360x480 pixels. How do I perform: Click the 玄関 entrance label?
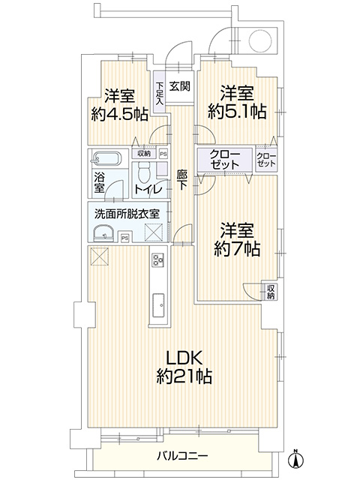(x=180, y=86)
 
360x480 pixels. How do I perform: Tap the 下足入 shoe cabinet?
(x=160, y=93)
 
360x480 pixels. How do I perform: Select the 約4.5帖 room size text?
(x=120, y=115)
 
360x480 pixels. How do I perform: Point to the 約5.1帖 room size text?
(x=237, y=112)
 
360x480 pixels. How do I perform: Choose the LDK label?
(x=184, y=358)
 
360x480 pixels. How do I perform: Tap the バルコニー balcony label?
(x=183, y=456)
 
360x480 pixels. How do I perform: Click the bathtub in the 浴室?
(x=106, y=158)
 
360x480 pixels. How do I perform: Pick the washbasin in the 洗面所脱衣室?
(x=103, y=234)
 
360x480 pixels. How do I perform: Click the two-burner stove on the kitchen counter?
(x=158, y=260)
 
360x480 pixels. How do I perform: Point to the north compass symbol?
(x=295, y=458)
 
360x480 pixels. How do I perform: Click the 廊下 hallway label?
(x=181, y=180)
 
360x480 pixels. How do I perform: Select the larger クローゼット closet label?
(x=225, y=160)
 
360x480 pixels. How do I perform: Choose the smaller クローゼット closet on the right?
(x=266, y=160)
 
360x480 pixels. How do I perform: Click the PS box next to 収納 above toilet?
(x=163, y=154)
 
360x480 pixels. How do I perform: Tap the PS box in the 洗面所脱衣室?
(x=125, y=238)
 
